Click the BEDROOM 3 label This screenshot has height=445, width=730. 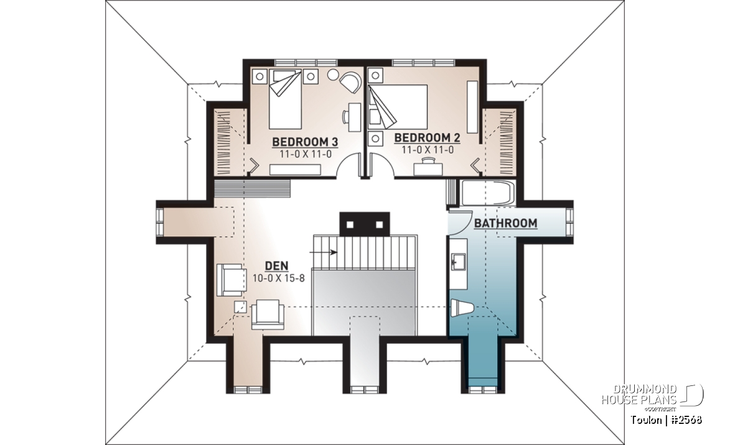tap(305, 142)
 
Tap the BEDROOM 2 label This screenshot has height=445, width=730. tap(427, 137)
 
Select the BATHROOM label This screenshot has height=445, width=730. tap(505, 223)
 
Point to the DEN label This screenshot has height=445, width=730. tap(276, 265)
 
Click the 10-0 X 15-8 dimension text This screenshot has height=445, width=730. tap(278, 278)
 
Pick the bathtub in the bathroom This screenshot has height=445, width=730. tap(488, 193)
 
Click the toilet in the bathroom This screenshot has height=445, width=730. tap(462, 308)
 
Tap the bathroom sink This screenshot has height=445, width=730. tap(457, 262)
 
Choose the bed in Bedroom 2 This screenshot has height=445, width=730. tap(398, 106)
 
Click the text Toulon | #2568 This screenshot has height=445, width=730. tap(667, 420)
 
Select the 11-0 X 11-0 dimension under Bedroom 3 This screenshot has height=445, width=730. tap(306, 154)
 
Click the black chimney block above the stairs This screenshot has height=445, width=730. tap(365, 224)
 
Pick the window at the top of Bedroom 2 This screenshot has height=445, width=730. tap(423, 63)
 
